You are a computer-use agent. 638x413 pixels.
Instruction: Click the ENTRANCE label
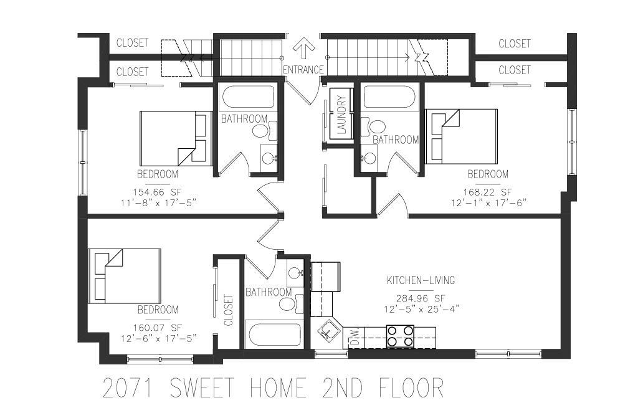click(x=303, y=70)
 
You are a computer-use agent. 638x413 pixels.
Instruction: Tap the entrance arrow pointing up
click(x=304, y=49)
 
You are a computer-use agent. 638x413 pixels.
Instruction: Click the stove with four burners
click(x=401, y=336)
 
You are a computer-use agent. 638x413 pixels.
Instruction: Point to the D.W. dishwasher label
click(x=354, y=338)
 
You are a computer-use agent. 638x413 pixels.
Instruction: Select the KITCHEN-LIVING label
click(x=421, y=280)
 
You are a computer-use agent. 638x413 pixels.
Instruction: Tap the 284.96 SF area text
click(x=421, y=297)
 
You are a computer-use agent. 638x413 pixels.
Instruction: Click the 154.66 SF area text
click(x=158, y=192)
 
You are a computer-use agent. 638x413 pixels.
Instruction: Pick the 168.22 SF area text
click(x=488, y=192)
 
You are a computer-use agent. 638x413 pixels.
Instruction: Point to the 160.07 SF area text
click(x=158, y=327)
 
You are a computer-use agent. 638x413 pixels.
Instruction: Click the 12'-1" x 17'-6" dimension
click(x=488, y=202)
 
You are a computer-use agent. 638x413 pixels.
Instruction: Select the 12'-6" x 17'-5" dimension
click(x=159, y=338)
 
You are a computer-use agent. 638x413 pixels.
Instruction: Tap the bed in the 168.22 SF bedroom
click(x=461, y=136)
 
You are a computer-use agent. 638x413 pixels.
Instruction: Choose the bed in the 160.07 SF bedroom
click(x=125, y=276)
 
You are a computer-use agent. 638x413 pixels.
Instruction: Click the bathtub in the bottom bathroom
click(x=275, y=335)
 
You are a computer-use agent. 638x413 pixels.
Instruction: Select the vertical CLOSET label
click(x=228, y=310)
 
